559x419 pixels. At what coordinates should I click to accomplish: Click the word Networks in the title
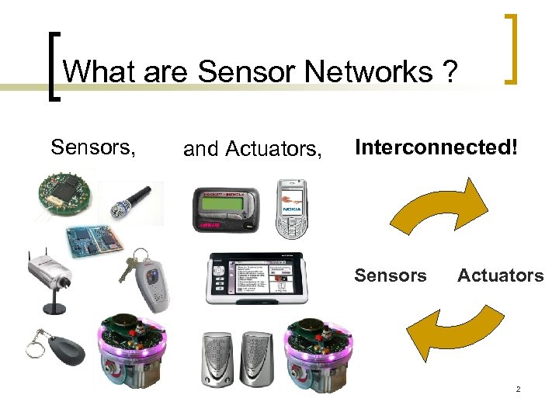coord(369,72)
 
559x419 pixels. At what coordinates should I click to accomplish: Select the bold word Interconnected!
coord(436,147)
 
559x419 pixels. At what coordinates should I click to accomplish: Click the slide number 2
coord(518,389)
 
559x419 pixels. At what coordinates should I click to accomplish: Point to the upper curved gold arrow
coord(439,206)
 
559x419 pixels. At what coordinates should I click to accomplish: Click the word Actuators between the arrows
coord(500,275)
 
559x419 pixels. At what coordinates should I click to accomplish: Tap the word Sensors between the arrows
coord(391,275)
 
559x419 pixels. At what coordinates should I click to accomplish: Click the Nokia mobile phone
coord(293,209)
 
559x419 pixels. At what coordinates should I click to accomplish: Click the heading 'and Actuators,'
coord(252,148)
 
